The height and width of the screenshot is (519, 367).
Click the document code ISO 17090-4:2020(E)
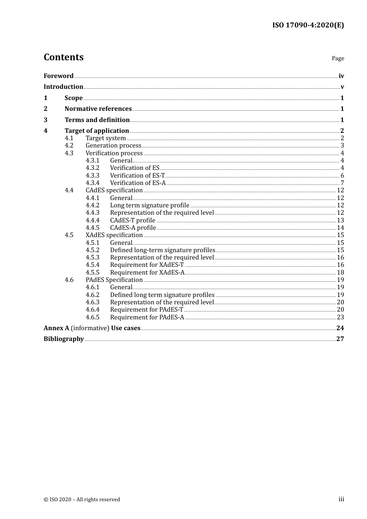pos(308,25)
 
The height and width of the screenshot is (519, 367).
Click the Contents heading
pos(63,57)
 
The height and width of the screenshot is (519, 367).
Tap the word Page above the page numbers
pos(338,58)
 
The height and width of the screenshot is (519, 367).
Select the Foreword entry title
pos(58,76)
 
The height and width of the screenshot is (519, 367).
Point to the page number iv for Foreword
pos(341,76)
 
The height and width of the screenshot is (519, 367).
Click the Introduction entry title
pos(63,86)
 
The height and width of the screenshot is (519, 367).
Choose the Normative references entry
pos(98,109)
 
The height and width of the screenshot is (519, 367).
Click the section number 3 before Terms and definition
pos(46,120)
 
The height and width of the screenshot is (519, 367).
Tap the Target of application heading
pos(97,131)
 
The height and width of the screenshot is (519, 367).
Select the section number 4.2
pos(69,146)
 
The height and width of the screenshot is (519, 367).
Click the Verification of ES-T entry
pos(137,175)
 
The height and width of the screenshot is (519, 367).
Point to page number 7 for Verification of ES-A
pos(342,183)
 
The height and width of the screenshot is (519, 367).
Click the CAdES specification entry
pos(114,190)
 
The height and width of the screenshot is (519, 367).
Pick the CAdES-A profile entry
pos(133,228)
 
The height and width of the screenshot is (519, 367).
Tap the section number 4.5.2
pos(92,250)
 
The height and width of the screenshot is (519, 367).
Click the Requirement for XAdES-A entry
pos(147,273)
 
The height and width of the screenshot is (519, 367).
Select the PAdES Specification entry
pos(114,280)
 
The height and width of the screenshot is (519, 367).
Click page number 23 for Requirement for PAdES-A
pos(340,317)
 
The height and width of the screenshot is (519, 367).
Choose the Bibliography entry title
pos(64,339)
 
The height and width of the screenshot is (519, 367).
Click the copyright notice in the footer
pos(82,499)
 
